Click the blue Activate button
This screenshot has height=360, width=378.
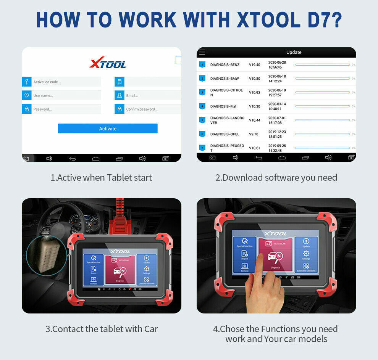[108, 129]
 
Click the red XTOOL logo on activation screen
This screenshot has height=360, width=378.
[108, 63]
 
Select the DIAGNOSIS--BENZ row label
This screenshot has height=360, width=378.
[225, 65]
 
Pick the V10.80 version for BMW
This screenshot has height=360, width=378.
[255, 79]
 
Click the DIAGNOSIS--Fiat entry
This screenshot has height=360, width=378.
[223, 106]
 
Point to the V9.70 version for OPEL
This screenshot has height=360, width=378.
[254, 134]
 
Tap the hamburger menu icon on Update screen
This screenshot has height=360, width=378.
[202, 52]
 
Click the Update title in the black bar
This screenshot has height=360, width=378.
[294, 52]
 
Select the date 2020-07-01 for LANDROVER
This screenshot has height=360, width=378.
[277, 118]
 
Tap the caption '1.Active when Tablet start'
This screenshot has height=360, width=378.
[101, 177]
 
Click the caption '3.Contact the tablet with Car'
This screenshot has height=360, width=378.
[102, 329]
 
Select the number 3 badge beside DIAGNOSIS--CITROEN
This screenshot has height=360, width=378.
[202, 92]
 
